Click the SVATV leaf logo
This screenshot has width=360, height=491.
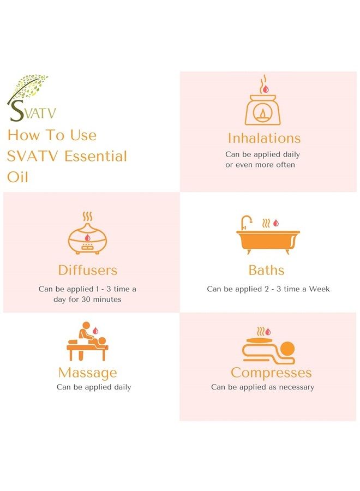(x=31, y=98)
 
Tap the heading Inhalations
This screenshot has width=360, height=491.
(x=264, y=138)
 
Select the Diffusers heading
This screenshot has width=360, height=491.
(x=88, y=270)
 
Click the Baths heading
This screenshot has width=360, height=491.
(x=266, y=270)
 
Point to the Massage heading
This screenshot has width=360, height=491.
(x=88, y=373)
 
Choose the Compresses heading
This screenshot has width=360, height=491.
(x=271, y=373)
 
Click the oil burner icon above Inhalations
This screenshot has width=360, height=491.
(x=262, y=100)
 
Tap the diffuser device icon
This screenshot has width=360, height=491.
(x=87, y=233)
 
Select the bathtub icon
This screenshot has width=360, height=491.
(x=268, y=235)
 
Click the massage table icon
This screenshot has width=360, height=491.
(x=87, y=342)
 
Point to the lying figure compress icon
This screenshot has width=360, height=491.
(x=268, y=346)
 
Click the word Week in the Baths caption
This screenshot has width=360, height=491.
(x=319, y=289)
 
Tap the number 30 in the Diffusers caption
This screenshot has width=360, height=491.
(x=86, y=300)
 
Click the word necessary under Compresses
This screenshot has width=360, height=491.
(x=296, y=387)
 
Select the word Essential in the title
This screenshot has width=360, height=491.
(x=95, y=156)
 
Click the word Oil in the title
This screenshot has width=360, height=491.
(x=17, y=177)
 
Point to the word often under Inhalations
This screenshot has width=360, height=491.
(x=285, y=165)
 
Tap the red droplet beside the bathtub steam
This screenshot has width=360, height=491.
(x=276, y=223)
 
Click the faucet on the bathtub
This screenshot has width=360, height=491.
(x=247, y=223)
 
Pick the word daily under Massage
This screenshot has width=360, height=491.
(x=122, y=387)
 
